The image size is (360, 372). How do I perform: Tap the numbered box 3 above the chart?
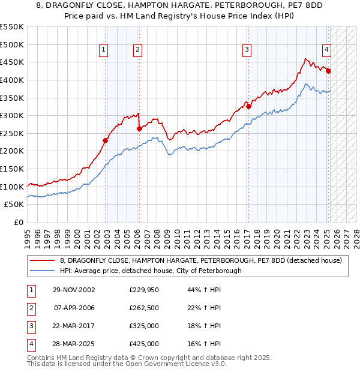tap(247, 50)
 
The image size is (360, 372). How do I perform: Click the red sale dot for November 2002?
tap(105, 140)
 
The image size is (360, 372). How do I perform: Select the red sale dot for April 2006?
tap(139, 128)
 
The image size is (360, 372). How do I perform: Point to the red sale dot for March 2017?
tap(248, 106)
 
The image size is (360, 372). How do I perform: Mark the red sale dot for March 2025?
tap(328, 71)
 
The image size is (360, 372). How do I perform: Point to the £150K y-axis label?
tap(12, 169)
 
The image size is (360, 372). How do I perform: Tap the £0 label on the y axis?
tap(19, 223)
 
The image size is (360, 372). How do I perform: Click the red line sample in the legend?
tap(42, 260)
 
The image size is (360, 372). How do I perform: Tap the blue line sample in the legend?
tap(42, 271)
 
